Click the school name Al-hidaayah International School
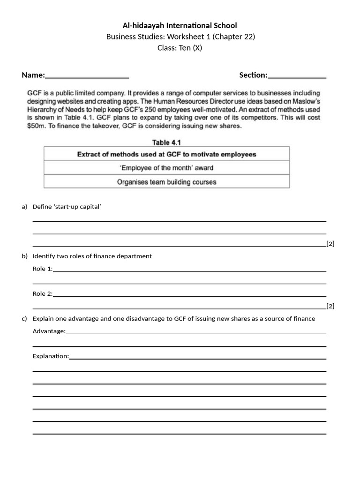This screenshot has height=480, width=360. [x=180, y=25]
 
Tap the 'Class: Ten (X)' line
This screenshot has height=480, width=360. [x=180, y=48]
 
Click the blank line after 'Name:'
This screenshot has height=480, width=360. [x=87, y=76]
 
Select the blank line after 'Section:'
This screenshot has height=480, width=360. [x=297, y=76]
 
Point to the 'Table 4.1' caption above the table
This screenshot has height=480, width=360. [x=166, y=142]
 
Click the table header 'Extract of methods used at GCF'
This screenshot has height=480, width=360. [x=166, y=154]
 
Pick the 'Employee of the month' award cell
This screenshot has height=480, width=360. [x=166, y=168]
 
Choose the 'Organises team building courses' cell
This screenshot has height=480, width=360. [x=166, y=182]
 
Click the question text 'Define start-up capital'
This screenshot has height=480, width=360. [x=67, y=206]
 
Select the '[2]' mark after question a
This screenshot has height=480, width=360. [x=330, y=244]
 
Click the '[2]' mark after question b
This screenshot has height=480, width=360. [x=330, y=306]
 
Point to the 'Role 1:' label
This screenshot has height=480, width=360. [x=42, y=269]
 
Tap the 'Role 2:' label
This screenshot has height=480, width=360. [x=42, y=293]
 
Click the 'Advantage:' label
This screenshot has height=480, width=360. [x=49, y=331]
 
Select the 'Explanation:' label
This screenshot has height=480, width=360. [x=50, y=356]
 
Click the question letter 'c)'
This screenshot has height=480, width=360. [x=24, y=319]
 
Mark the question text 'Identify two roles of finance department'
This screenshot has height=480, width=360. [x=92, y=256]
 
